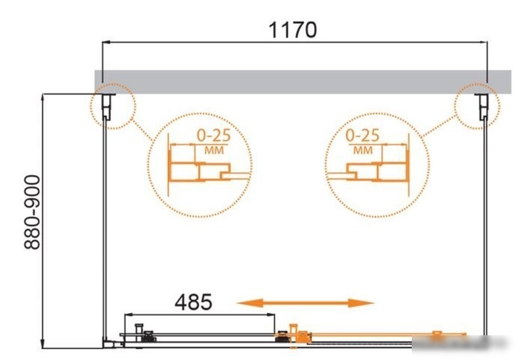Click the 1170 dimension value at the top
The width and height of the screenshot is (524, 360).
pyautogui.click(x=293, y=30)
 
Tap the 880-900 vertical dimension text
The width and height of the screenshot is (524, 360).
pyautogui.click(x=32, y=213)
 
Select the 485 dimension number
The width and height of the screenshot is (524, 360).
pyautogui.click(x=193, y=302)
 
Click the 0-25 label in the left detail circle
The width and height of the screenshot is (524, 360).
pyautogui.click(x=214, y=135)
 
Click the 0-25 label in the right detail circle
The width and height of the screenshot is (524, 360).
pyautogui.click(x=362, y=135)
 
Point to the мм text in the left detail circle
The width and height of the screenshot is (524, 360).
pyautogui.click(x=214, y=150)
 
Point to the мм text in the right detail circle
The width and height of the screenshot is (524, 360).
pyautogui.click(x=363, y=150)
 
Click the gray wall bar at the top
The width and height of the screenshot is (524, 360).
pyautogui.click(x=302, y=82)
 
